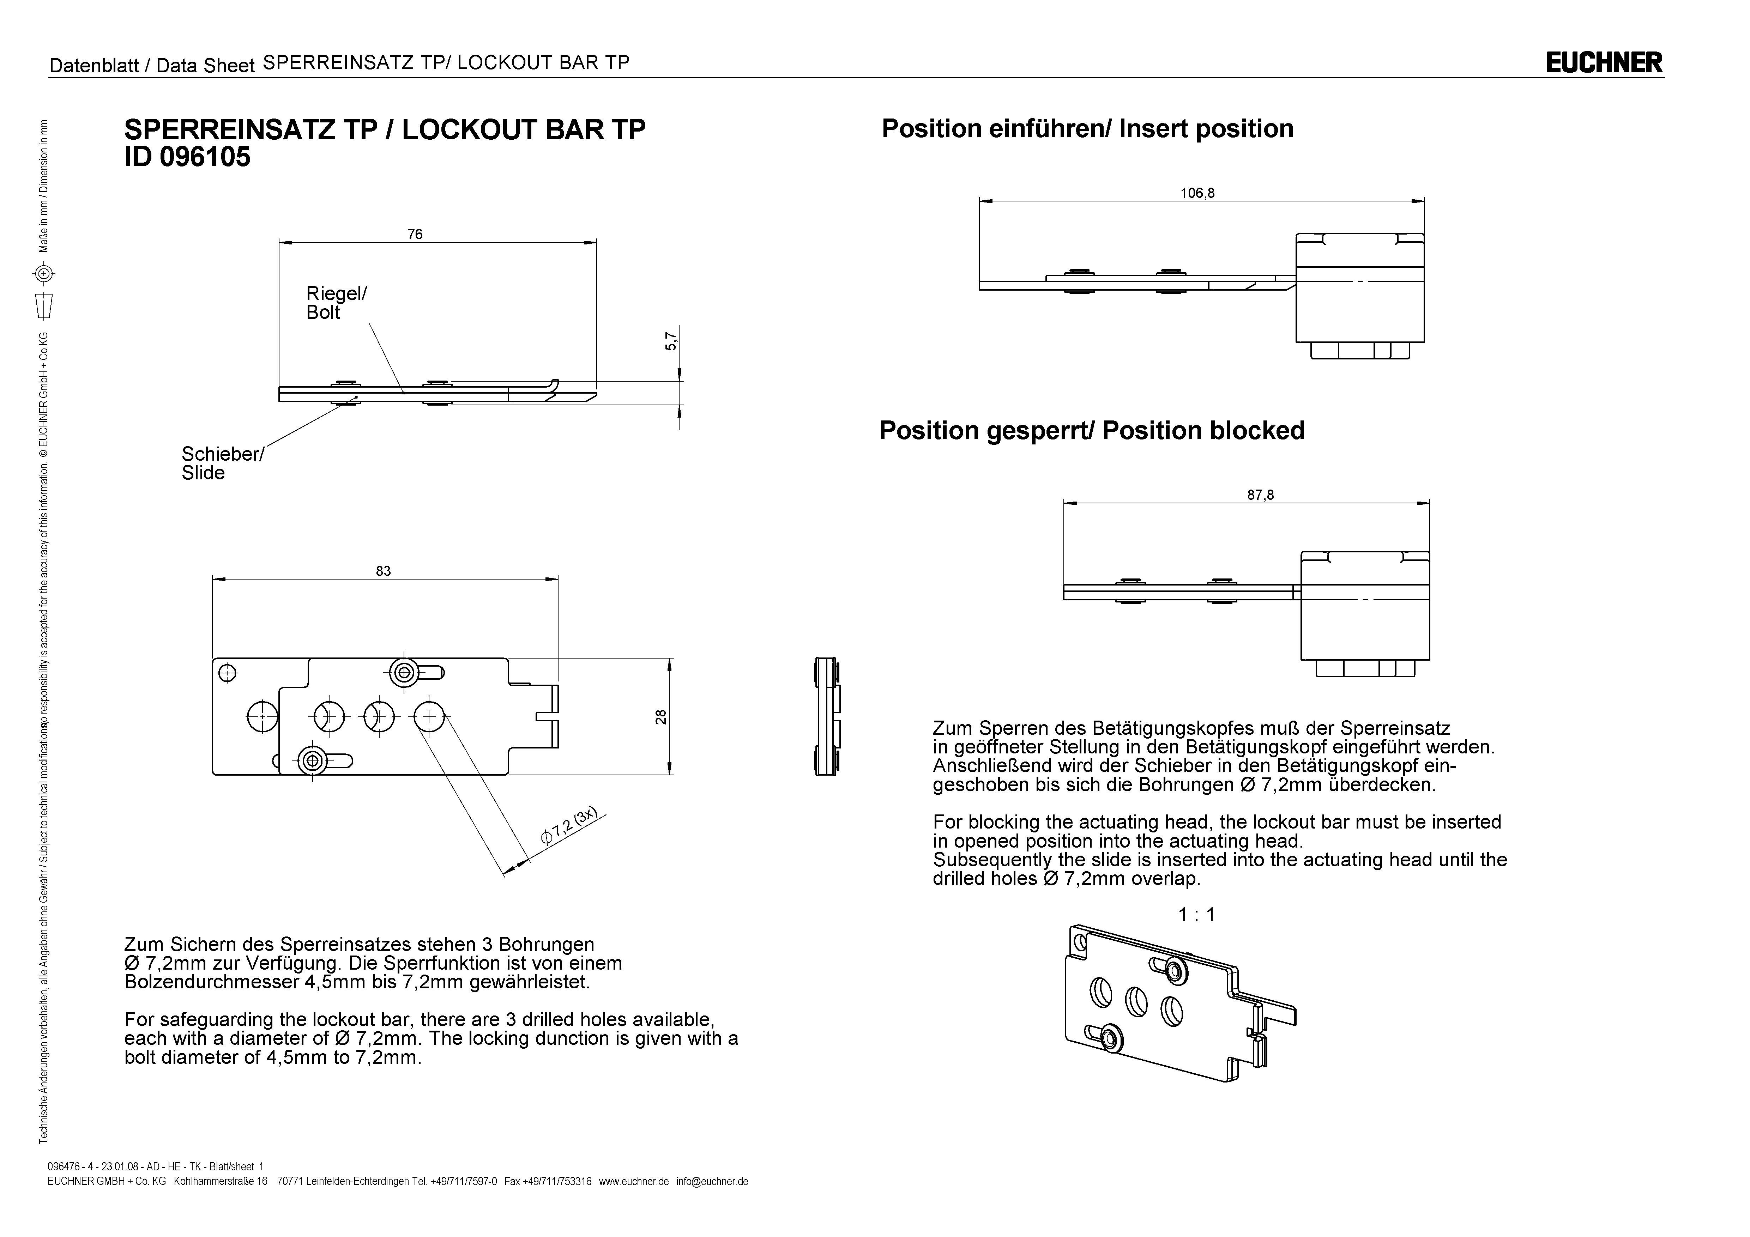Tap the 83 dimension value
click(x=384, y=571)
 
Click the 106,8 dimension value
click(x=1197, y=193)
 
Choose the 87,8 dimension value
click(x=1260, y=495)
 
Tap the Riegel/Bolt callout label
click(x=336, y=303)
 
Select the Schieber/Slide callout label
click(x=222, y=463)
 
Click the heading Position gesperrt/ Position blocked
click(x=1092, y=431)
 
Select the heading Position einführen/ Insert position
click(x=1087, y=129)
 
